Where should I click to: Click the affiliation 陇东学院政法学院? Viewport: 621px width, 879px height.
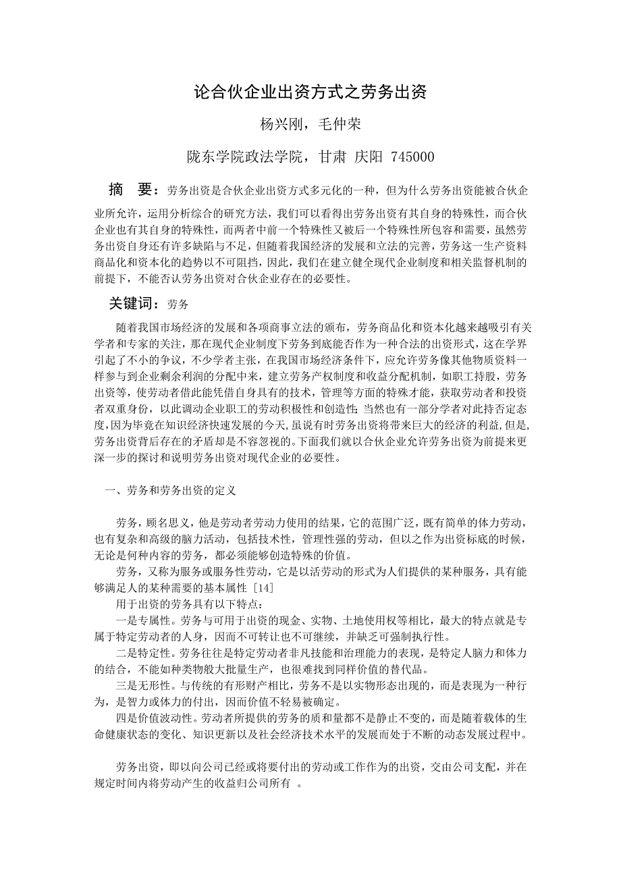248,157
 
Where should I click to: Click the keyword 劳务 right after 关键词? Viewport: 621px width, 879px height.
178,305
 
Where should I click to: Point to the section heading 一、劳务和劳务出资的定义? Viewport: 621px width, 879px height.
170,491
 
